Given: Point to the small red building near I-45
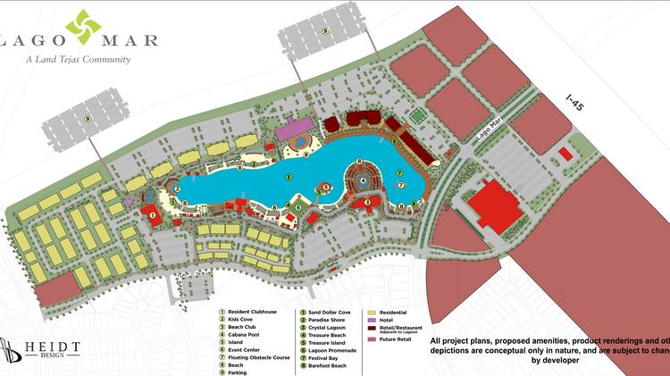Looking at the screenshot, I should (x=564, y=154).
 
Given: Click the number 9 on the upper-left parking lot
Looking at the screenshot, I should (x=88, y=118).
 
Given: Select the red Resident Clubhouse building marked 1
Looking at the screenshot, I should (x=153, y=215).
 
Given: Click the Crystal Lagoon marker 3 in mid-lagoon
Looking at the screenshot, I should (x=289, y=178).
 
